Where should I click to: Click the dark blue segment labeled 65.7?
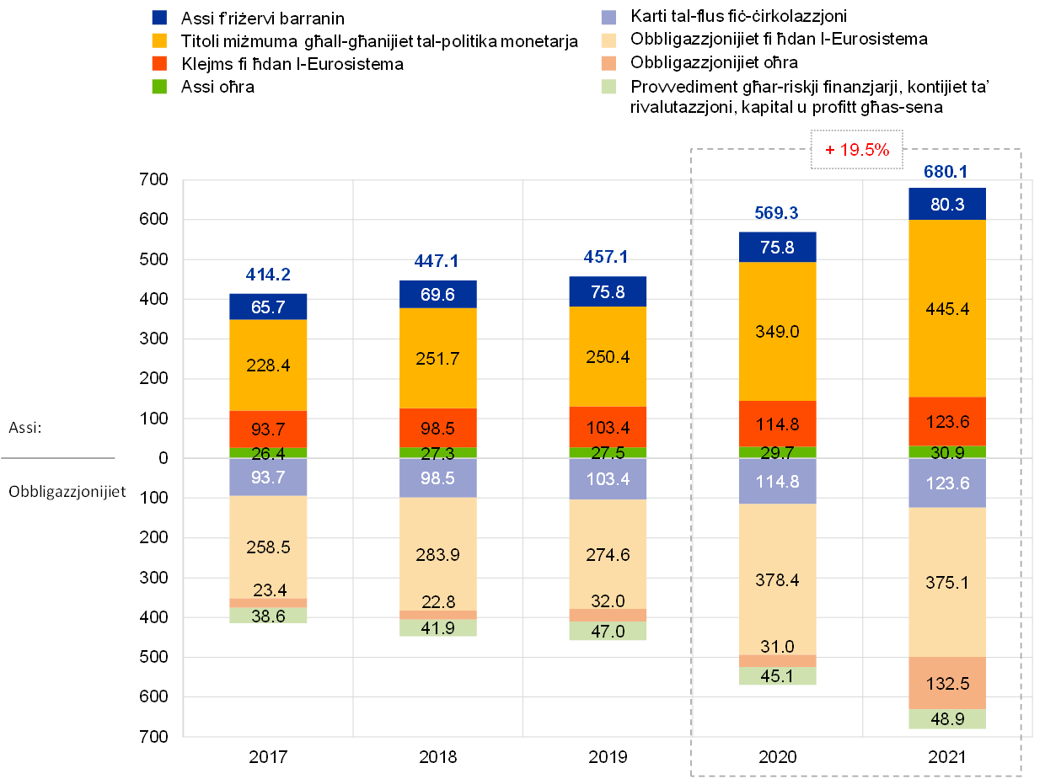pos(268,307)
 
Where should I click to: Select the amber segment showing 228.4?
pos(268,365)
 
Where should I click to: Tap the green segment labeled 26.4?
pos(268,453)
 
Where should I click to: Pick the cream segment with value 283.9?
pos(437,553)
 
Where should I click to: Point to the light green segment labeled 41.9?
pos(437,628)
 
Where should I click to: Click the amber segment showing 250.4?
pos(608,357)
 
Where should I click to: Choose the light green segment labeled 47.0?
pos(608,632)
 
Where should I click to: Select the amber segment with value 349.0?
pos(778,331)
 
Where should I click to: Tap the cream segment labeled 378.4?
pos(778,579)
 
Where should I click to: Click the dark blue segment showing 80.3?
pos(947,204)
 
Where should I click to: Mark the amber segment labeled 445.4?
pos(947,308)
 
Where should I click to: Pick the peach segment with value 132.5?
pos(947,683)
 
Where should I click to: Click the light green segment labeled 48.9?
pos(947,719)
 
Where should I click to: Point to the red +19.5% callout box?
pos(856,150)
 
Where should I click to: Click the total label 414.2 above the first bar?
pos(268,275)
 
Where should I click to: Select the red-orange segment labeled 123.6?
pos(947,421)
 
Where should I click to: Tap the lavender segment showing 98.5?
pos(437,478)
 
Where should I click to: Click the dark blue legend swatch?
pos(159,17)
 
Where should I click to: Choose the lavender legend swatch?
pos(608,17)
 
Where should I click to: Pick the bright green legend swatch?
pos(159,86)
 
